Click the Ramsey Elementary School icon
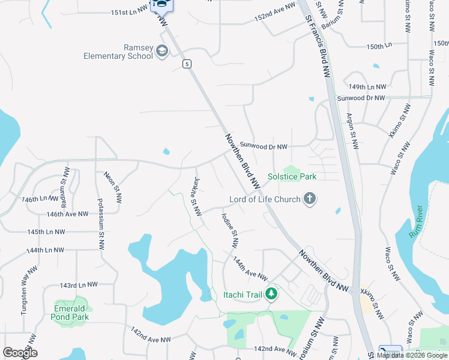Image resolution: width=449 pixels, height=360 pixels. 161,52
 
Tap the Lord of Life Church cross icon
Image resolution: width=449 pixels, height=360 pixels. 309,199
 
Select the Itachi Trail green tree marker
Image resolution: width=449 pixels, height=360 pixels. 272,293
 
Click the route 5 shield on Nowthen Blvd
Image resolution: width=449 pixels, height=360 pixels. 188,64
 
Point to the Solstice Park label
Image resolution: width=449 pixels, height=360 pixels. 292,176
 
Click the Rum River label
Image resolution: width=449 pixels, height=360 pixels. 417,222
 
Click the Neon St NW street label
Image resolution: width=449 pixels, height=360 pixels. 113,187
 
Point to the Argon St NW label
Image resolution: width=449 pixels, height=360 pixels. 352,131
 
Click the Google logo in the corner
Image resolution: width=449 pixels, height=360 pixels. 20,353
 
